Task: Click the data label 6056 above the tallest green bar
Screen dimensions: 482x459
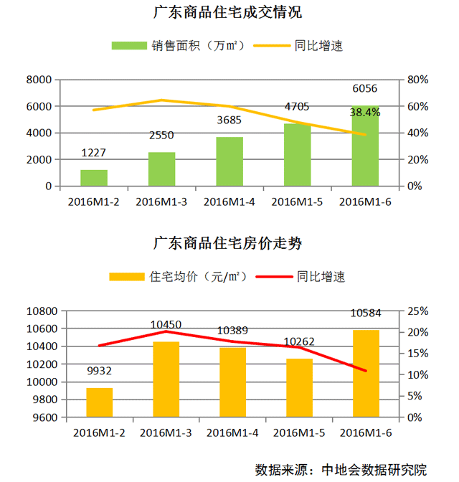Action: point(364,89)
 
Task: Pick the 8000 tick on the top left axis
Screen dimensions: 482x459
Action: point(40,80)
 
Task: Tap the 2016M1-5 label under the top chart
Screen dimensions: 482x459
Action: point(297,202)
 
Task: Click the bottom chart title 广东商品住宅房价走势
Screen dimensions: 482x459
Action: point(227,243)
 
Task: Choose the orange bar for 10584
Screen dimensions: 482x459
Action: point(365,373)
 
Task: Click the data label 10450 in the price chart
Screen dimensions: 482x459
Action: point(166,325)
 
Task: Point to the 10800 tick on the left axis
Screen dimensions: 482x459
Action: point(42,311)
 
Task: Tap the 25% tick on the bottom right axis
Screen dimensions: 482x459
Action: point(418,311)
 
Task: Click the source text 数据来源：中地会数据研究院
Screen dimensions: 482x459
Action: point(341,470)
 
